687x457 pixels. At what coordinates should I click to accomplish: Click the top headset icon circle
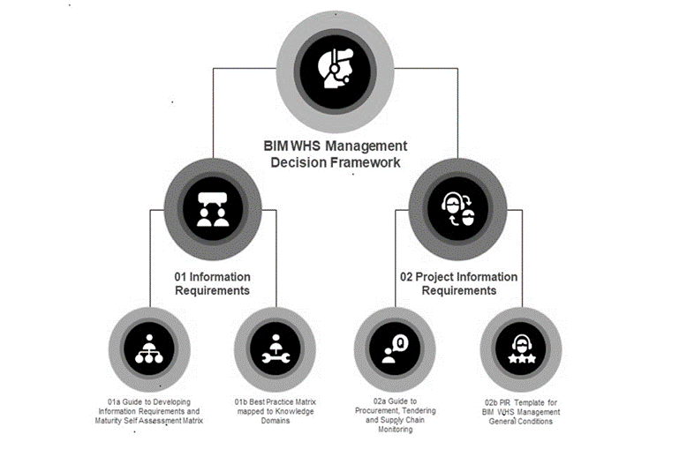point(336,66)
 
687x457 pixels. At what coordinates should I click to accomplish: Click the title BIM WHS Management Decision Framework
point(336,154)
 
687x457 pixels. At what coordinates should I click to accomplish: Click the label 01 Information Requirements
point(212,283)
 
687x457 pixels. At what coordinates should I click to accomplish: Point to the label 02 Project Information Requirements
point(458,283)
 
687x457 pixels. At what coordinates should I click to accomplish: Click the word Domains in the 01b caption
point(275,421)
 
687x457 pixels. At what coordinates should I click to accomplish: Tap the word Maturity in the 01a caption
point(114,421)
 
